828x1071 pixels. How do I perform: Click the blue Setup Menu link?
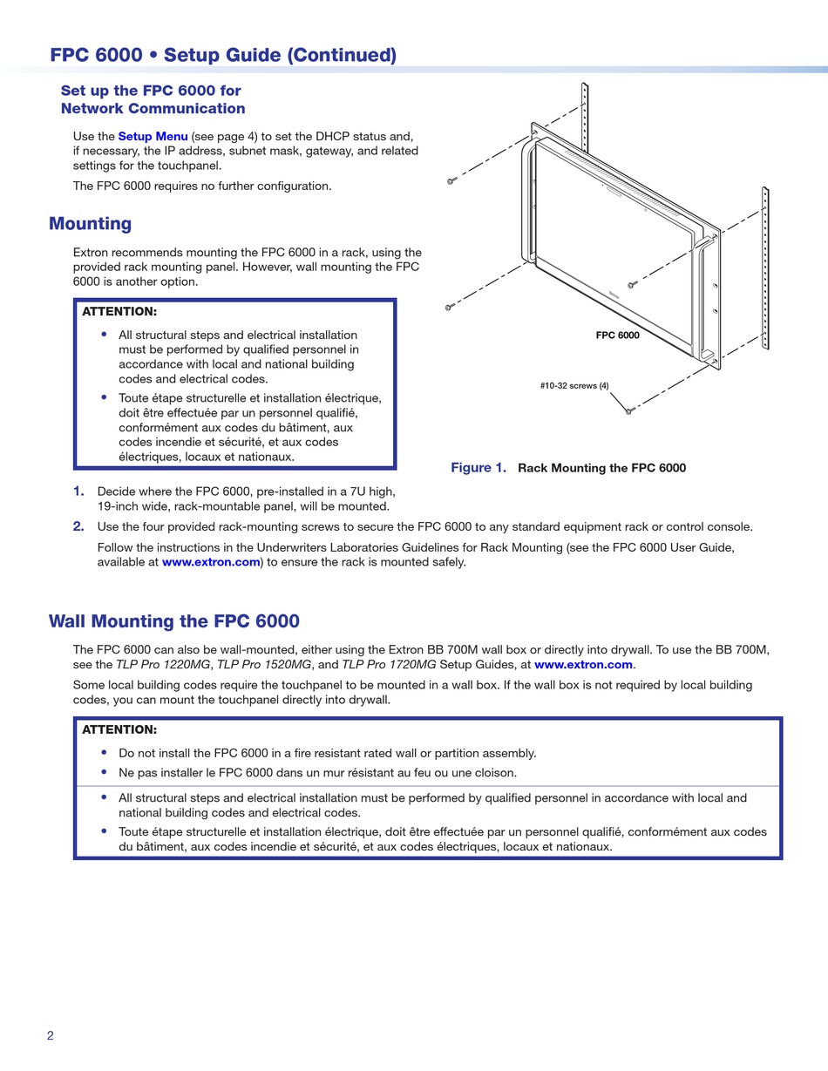pos(153,137)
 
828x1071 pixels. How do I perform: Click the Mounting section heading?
pos(90,224)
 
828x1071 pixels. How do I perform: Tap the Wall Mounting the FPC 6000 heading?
pos(173,621)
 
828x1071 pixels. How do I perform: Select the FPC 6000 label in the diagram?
pos(617,336)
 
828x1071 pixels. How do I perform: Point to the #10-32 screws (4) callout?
pos(574,385)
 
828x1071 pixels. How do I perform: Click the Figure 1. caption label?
pos(478,468)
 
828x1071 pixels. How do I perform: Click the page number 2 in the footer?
pos(51,1035)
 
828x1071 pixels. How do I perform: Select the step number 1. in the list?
pos(78,491)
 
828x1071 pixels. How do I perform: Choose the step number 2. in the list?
pos(78,526)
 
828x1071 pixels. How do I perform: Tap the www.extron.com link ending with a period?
pos(583,664)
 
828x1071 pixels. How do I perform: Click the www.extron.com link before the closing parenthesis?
pos(211,562)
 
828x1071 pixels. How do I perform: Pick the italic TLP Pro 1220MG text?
pos(164,664)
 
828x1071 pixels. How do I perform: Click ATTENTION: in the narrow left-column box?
pos(119,311)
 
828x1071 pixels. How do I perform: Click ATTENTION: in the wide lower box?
pos(119,729)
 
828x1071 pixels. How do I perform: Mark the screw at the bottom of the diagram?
pos(628,411)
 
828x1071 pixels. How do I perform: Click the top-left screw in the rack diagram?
pos(451,180)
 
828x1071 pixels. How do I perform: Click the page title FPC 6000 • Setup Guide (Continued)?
pos(223,55)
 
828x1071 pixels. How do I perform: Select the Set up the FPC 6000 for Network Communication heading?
pos(153,99)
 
